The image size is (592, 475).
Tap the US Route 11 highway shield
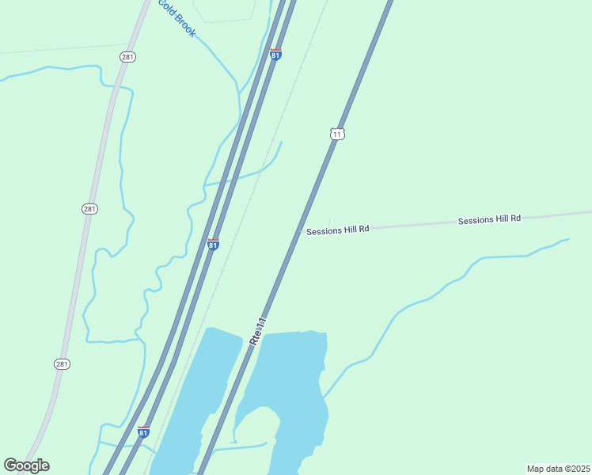337,134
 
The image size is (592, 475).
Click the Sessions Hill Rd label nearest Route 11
338,230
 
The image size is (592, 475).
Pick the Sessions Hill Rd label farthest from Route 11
489,219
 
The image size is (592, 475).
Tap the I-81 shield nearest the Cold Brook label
275,54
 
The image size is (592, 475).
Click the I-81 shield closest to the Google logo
143,431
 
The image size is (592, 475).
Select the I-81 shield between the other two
213,245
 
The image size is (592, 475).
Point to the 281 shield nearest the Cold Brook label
127,56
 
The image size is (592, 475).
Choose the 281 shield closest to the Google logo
63,364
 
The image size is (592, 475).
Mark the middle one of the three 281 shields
89,209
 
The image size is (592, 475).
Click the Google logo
26,465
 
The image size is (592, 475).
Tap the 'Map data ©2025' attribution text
557,469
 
